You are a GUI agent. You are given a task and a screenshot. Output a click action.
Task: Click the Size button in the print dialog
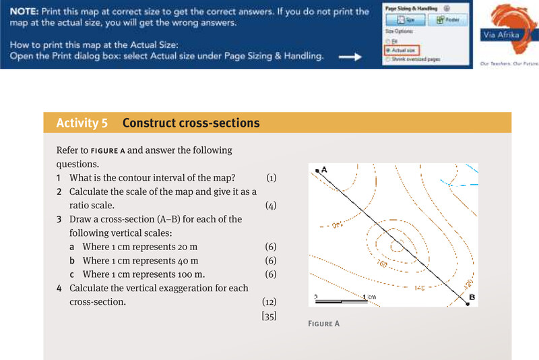tap(404, 20)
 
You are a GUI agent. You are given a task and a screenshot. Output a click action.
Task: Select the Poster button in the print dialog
tap(447, 20)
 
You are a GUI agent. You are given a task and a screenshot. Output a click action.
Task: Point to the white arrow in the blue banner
tap(350, 57)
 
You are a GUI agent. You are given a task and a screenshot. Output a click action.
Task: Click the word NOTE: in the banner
tap(27, 11)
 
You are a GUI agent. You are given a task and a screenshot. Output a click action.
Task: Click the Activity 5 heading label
tap(82, 123)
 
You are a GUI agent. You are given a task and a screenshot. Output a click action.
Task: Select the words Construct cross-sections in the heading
tap(191, 123)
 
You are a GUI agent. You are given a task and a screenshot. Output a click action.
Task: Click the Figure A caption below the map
tap(323, 324)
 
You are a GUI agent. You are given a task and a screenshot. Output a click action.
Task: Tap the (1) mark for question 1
tap(271, 178)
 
